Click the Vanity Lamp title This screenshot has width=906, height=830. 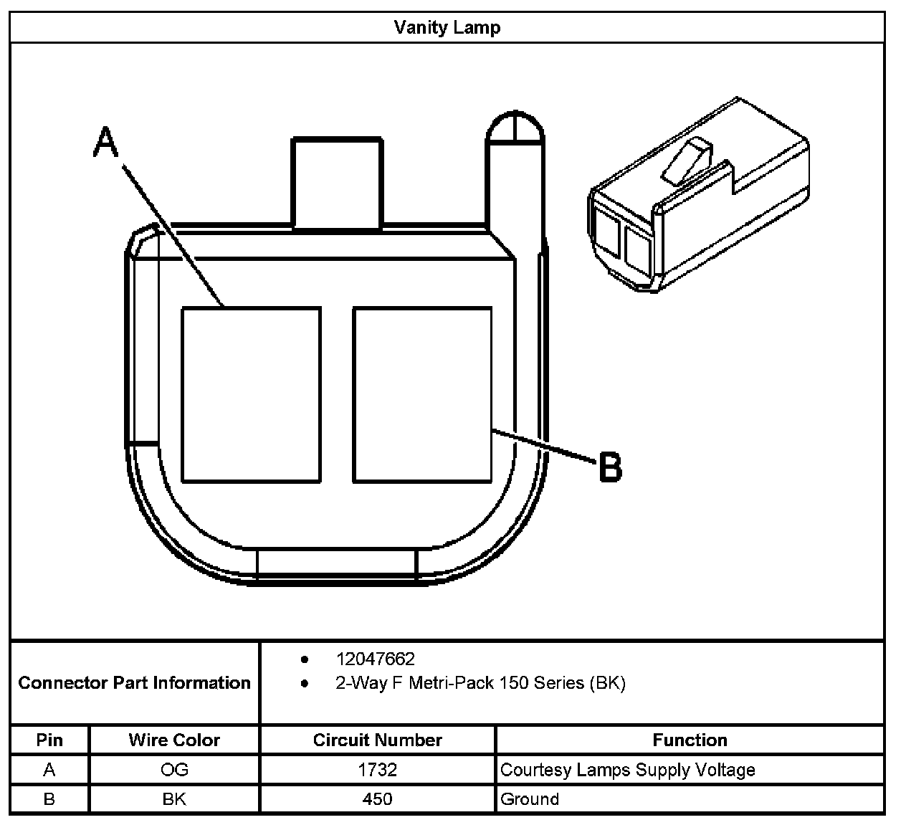click(447, 28)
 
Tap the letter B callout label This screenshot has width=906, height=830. click(610, 467)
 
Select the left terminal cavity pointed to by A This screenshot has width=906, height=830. click(251, 395)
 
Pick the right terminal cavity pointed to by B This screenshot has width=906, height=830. click(422, 395)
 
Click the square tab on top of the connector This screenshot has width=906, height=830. click(336, 183)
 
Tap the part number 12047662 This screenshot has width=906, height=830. click(375, 659)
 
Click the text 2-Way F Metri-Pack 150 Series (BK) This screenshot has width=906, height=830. click(480, 683)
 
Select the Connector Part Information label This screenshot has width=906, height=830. click(135, 682)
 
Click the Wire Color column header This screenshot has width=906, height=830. click(174, 740)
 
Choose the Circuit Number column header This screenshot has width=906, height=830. click(377, 740)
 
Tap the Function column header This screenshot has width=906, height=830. click(690, 740)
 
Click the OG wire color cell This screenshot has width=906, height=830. click(174, 770)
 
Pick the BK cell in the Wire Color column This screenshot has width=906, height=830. click(174, 798)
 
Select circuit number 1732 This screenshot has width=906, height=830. click(377, 770)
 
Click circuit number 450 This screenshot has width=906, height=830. click(377, 798)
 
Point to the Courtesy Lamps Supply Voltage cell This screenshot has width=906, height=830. click(628, 770)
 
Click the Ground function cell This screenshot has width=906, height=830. click(530, 798)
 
